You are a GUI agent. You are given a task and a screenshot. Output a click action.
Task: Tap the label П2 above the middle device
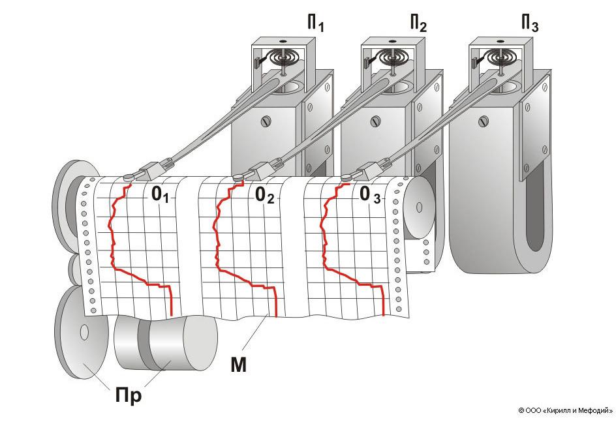[x=418, y=25]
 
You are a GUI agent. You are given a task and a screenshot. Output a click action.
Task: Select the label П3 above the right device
[x=529, y=25]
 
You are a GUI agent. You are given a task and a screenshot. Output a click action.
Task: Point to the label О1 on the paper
[x=161, y=194]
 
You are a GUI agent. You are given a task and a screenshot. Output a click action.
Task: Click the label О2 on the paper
[x=264, y=194]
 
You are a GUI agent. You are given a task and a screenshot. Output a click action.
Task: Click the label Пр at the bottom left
[x=129, y=395]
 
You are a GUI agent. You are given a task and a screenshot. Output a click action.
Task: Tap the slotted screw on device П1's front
[x=266, y=121]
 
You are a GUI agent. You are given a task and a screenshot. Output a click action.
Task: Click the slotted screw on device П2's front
[x=375, y=121]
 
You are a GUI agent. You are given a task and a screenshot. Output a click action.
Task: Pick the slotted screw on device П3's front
[x=484, y=121]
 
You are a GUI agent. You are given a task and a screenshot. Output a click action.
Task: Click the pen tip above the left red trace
[x=128, y=176]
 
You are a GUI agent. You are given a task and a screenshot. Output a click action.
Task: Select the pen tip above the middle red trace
[x=238, y=176]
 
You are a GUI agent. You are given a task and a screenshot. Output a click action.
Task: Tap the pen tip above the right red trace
[x=346, y=175]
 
